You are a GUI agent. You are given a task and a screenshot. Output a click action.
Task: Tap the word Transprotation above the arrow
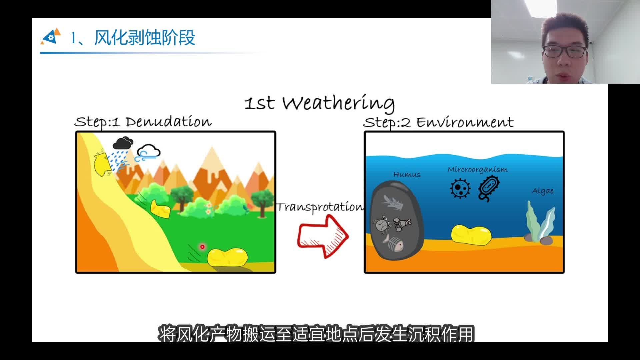[x=320, y=207]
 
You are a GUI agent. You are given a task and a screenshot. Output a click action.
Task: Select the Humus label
[x=407, y=174]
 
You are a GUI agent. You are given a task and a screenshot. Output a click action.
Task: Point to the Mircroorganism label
[x=477, y=170]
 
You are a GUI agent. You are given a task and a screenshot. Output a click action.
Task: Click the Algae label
[x=543, y=191]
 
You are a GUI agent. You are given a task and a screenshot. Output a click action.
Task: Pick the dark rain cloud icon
[x=123, y=143]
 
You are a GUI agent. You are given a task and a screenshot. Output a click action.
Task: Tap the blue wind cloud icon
[x=148, y=153]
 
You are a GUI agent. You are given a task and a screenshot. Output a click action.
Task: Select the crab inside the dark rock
[x=382, y=224]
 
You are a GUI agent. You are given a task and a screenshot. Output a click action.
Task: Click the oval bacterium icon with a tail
[x=489, y=188]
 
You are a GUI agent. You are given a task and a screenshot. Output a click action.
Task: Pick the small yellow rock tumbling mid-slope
[x=160, y=209]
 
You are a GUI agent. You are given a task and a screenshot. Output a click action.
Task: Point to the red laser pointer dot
[x=202, y=247]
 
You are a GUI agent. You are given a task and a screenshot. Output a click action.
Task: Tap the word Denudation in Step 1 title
[x=168, y=122]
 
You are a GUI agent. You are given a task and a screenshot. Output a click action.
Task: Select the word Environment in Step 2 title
[x=465, y=122]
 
